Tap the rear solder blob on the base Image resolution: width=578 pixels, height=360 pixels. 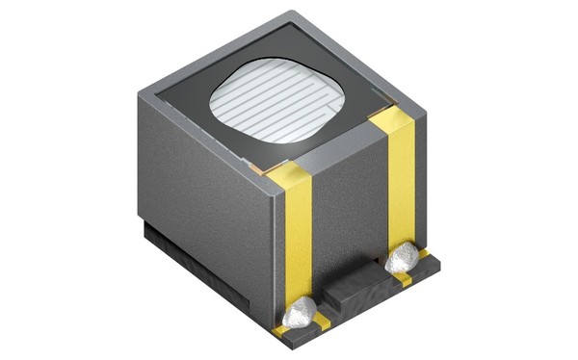pyautogui.click(x=402, y=257)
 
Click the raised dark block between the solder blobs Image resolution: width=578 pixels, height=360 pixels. pyautogui.click(x=352, y=289)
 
